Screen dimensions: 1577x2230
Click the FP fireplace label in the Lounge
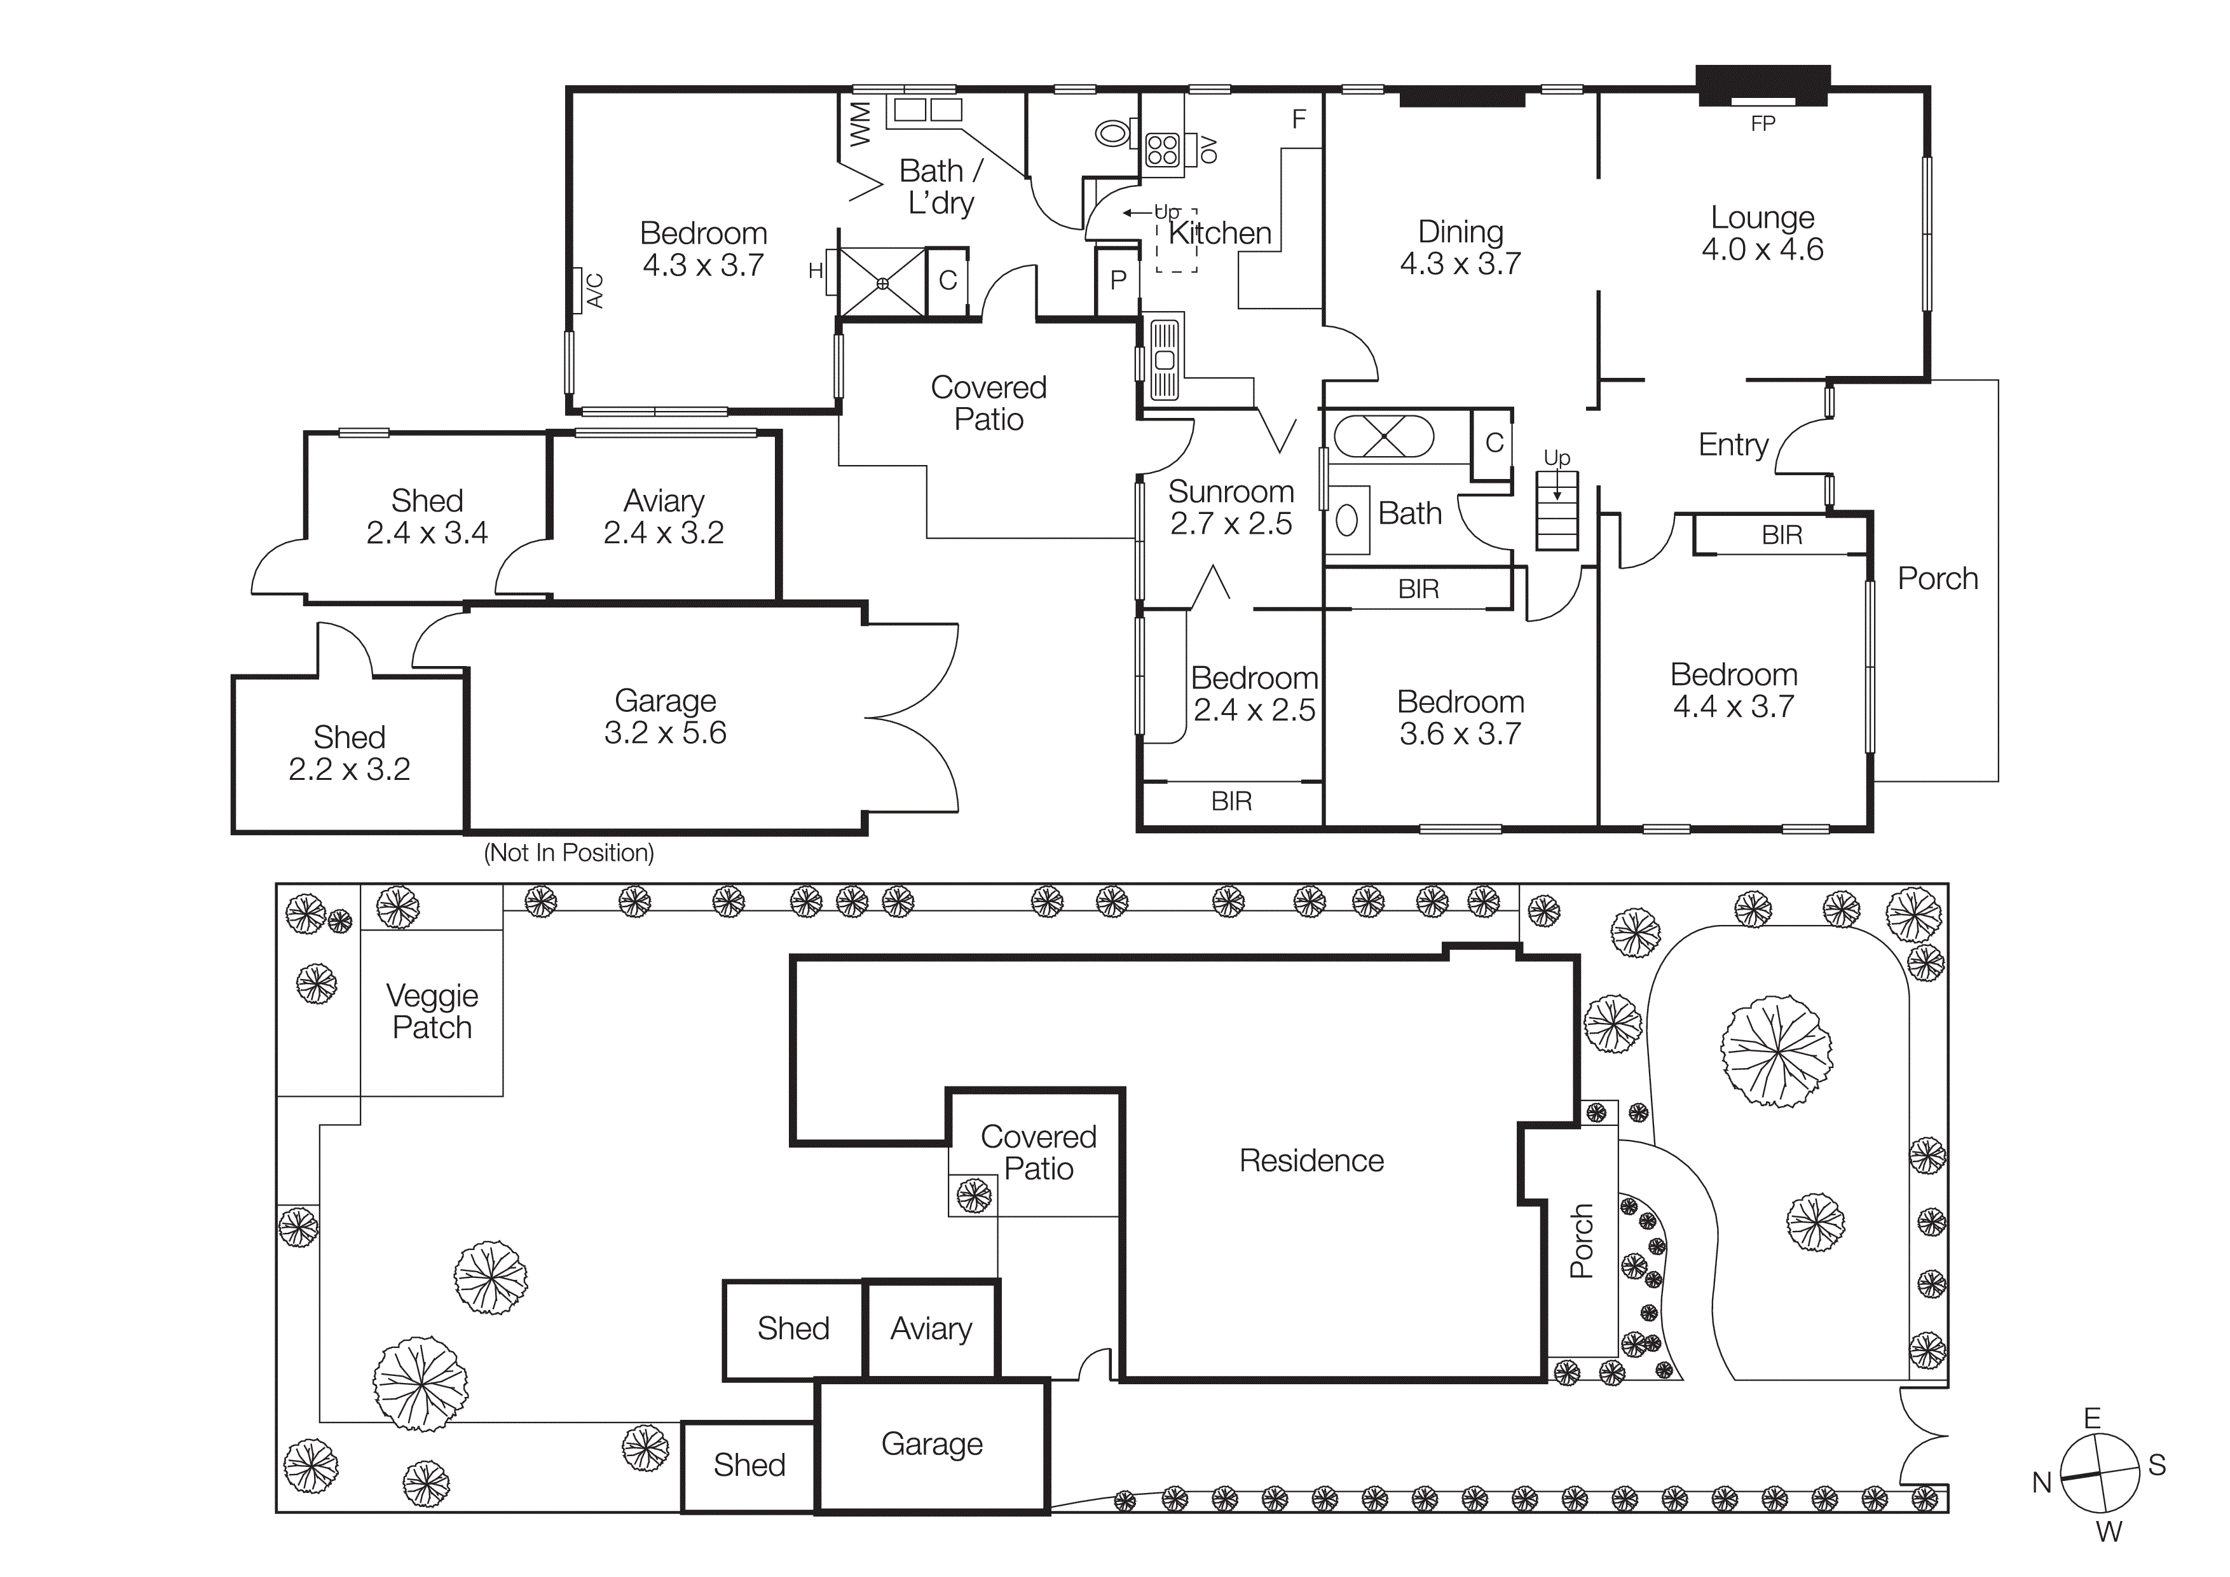1762,123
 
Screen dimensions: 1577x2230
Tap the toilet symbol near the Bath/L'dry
1114,133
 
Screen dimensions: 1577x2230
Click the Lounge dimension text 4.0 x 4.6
1762,250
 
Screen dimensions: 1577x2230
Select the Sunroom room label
1231,492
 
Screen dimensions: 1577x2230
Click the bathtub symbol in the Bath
1383,436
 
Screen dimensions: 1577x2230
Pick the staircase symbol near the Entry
1556,511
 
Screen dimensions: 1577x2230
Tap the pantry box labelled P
1118,281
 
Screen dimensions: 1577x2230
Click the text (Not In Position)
568,853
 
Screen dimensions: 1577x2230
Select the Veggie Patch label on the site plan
432,1011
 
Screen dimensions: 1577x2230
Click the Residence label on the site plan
1311,1160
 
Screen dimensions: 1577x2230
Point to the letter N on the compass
2042,1483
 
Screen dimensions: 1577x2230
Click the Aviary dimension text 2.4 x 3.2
664,532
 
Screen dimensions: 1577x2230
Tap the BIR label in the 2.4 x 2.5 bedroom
1231,802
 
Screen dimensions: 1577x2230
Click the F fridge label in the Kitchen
1299,120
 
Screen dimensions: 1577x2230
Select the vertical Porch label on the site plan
1582,1241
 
